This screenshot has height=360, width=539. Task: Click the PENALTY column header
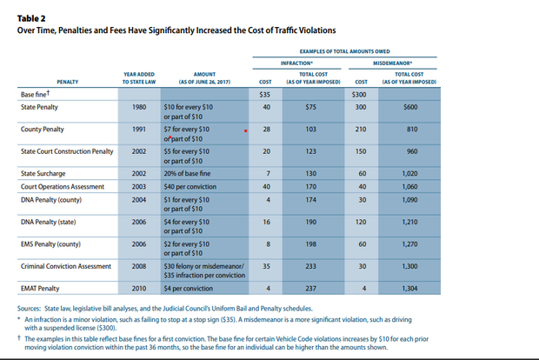click(67, 81)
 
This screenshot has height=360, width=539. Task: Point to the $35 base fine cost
click(266, 93)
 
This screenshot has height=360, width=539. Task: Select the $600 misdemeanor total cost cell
click(411, 106)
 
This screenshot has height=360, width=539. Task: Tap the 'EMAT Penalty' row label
click(40, 288)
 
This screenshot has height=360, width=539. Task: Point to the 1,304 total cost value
click(410, 288)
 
